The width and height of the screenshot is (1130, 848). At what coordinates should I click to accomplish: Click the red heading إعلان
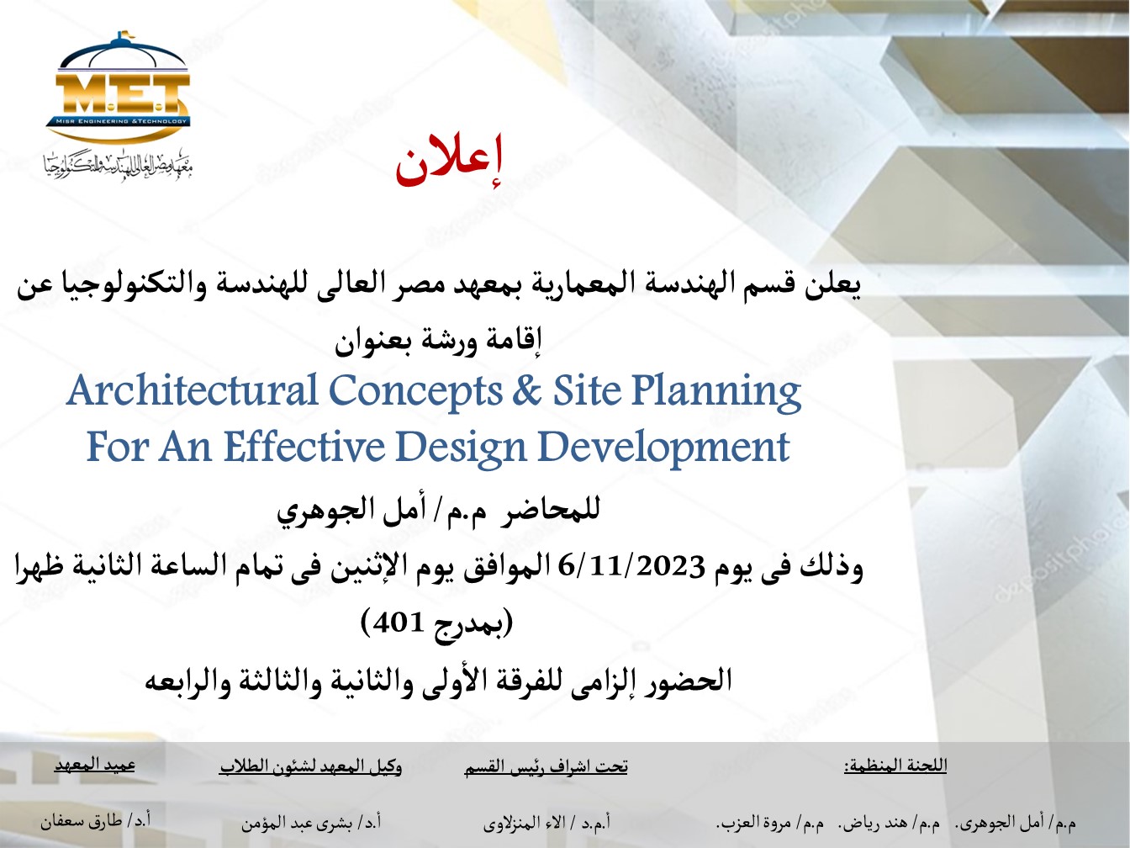point(448,162)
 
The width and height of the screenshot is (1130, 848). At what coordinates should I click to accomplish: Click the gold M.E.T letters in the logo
point(123,94)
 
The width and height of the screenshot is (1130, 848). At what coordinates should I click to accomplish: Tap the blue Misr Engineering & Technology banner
point(118,121)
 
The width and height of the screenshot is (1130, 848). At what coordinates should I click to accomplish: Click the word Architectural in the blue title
point(192,390)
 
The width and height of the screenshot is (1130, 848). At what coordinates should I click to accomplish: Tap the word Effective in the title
point(304,447)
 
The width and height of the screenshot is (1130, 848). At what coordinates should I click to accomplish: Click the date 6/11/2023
point(631,567)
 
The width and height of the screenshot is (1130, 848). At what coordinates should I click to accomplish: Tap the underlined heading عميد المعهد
point(95,766)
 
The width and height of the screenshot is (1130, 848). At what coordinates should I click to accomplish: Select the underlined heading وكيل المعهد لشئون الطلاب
point(311,766)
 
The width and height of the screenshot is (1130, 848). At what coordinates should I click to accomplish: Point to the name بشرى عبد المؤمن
point(297,823)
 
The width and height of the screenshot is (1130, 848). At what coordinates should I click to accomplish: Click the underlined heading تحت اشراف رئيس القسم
point(547,767)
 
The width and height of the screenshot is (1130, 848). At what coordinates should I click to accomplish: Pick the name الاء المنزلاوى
point(521,824)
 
